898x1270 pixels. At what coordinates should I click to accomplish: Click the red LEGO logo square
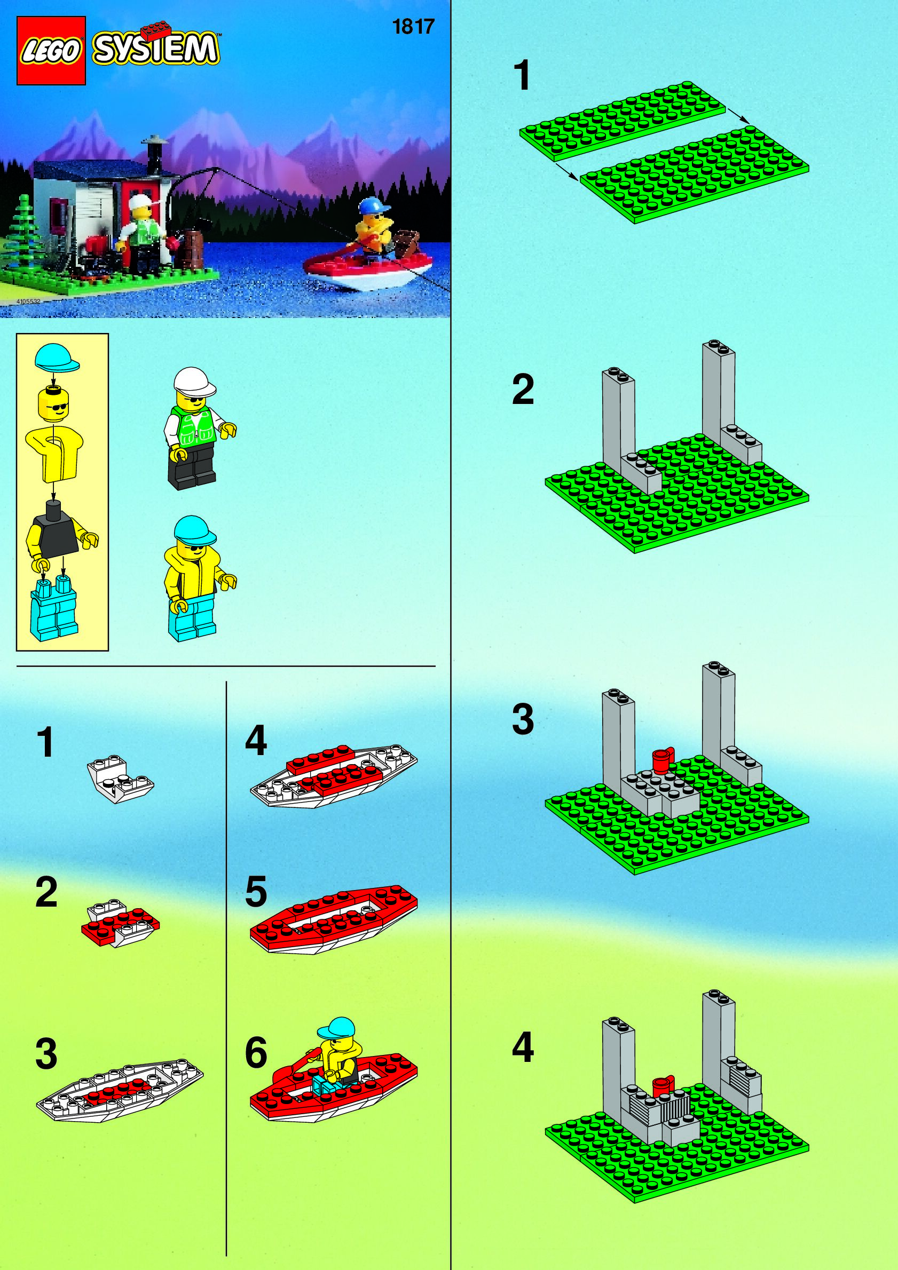[x=51, y=51]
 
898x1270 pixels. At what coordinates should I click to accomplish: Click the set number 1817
[x=413, y=27]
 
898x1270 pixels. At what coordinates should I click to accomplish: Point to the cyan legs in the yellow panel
[x=54, y=608]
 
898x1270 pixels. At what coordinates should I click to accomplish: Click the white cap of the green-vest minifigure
[x=194, y=382]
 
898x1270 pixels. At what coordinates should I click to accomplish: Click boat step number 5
[x=256, y=891]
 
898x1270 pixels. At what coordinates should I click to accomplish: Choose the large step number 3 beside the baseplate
[x=523, y=719]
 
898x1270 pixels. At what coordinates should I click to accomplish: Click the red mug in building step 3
[x=661, y=759]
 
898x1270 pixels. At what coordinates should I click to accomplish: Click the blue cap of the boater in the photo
[x=373, y=207]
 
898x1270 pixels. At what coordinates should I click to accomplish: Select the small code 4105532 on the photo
[x=28, y=301]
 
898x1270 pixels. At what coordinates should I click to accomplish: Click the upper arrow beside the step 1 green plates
[x=738, y=116]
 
